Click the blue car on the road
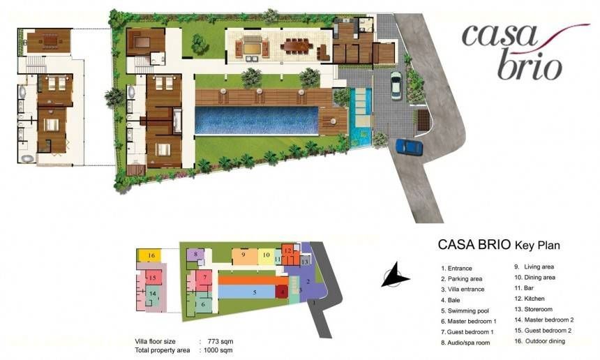(x=409, y=147)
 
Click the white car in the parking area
(x=396, y=85)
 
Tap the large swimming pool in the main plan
(x=256, y=121)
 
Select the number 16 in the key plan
(x=151, y=255)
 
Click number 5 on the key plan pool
(x=255, y=292)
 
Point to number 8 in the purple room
(x=195, y=253)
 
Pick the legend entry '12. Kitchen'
(x=530, y=299)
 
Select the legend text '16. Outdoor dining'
(x=539, y=341)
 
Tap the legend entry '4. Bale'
(x=451, y=300)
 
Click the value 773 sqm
(x=220, y=341)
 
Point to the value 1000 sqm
(x=218, y=350)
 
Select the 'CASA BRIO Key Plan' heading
(x=499, y=244)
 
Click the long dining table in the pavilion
(x=297, y=45)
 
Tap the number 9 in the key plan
(x=243, y=254)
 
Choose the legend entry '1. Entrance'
(x=456, y=269)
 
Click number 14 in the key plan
(x=153, y=294)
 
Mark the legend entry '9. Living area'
(x=534, y=267)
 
